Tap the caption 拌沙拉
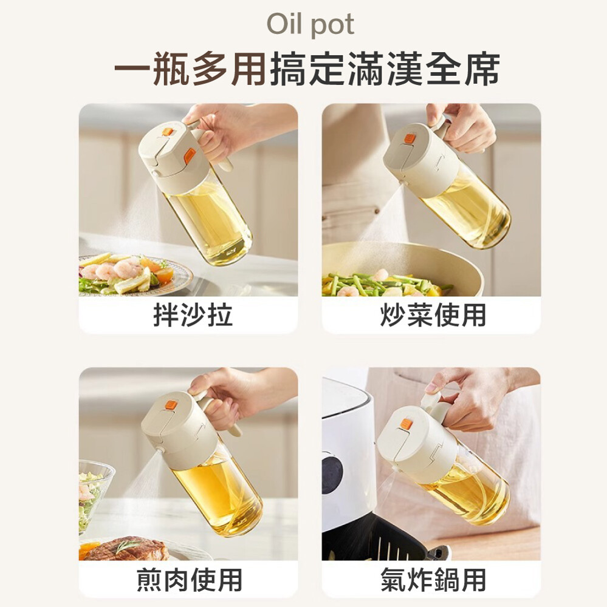coord(193,314)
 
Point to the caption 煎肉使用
coord(190,579)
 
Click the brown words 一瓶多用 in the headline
coord(190,70)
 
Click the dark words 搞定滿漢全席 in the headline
coord(385,70)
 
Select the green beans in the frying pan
coord(384,283)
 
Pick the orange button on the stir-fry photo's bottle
coord(410,138)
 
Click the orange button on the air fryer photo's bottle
coord(406,424)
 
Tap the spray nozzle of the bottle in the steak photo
coord(160,450)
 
